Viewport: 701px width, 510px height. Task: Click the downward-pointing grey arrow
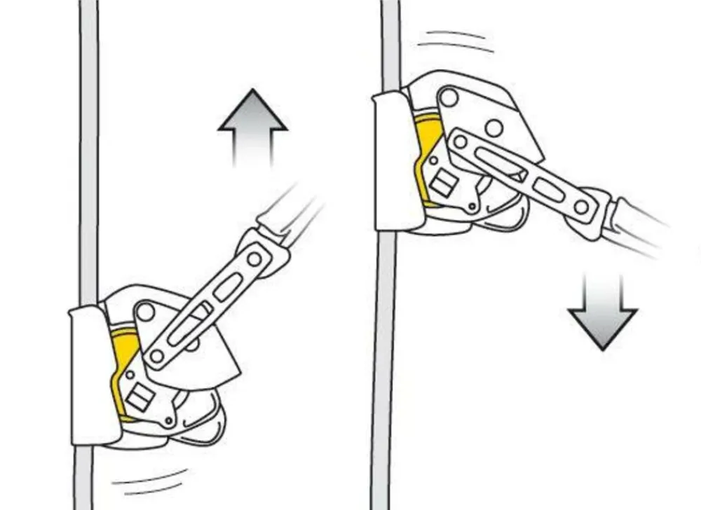[602, 311]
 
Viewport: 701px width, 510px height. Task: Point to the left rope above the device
[88, 140]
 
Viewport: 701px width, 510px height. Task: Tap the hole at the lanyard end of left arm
[254, 259]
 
